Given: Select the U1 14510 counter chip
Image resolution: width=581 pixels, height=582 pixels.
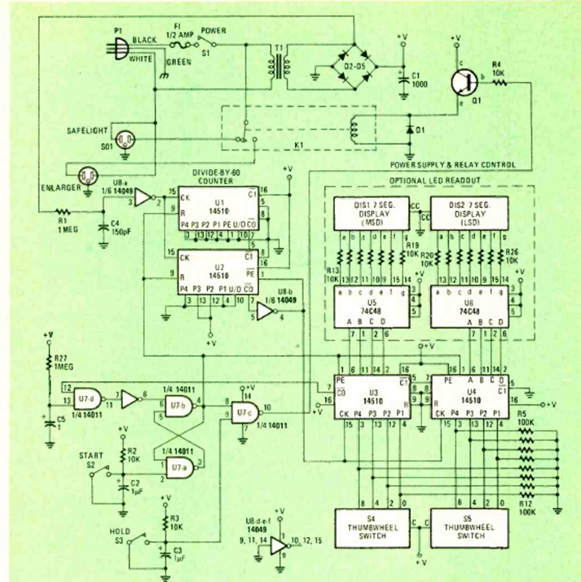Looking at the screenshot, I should [x=218, y=211].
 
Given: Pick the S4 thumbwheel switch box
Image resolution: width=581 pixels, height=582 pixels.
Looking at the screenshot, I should [x=369, y=529].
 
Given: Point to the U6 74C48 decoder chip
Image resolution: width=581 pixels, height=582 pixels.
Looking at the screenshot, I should [x=469, y=307].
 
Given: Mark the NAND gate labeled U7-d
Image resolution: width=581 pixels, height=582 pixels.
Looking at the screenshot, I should [x=85, y=396].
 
